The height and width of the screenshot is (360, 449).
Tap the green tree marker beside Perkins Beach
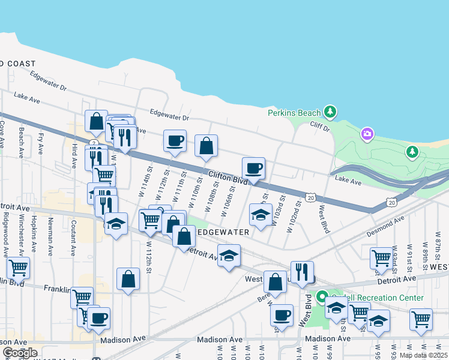point(329,112)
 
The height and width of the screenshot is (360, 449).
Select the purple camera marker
point(367,134)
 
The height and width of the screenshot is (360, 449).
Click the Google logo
point(19,352)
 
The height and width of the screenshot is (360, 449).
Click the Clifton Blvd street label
point(229,178)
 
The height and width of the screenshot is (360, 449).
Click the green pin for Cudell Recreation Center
point(322,296)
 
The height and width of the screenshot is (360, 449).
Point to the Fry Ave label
point(41,142)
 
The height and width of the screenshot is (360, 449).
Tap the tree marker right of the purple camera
point(412,152)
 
